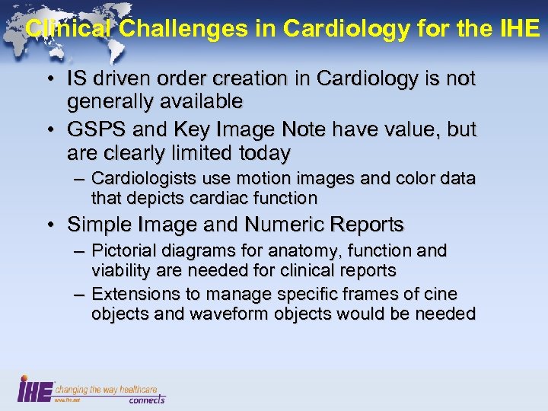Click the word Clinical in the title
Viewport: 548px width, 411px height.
[69, 29]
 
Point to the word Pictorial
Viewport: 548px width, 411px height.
[123, 250]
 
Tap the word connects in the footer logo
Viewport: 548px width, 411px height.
[146, 399]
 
